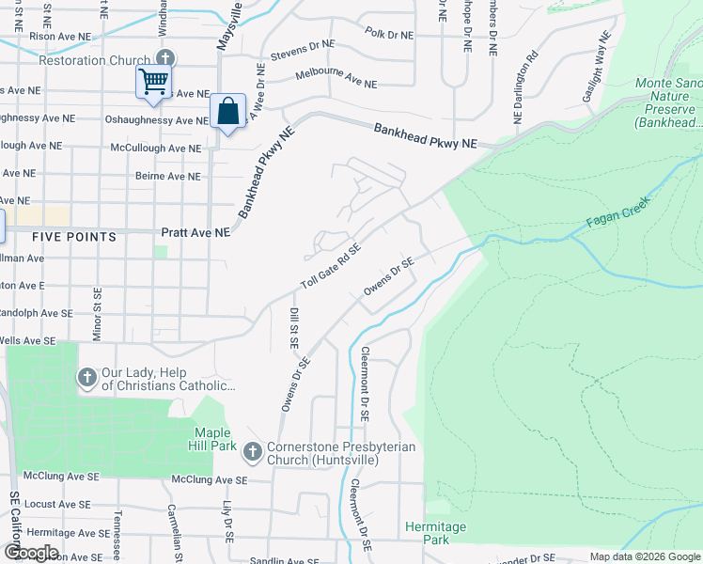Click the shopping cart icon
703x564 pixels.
(153, 80)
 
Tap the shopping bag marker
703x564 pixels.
(227, 111)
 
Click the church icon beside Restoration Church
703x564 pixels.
(165, 60)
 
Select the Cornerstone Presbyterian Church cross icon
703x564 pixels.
(252, 453)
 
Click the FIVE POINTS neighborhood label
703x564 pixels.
(74, 237)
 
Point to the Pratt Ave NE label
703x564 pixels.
(195, 231)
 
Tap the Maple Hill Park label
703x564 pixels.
(214, 439)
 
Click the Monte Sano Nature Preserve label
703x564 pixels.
(665, 102)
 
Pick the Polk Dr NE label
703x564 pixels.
(389, 35)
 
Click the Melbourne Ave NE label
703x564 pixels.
(336, 78)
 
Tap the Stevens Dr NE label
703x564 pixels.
(303, 50)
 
